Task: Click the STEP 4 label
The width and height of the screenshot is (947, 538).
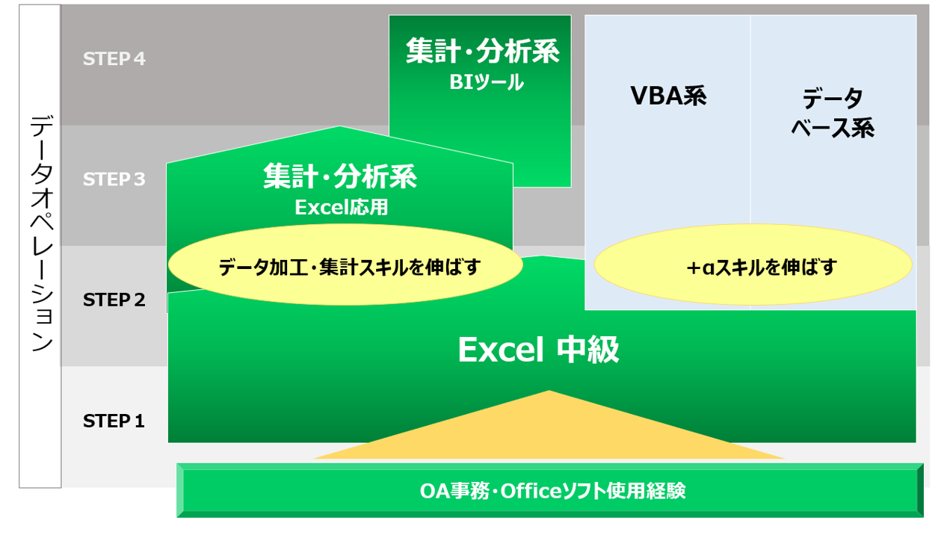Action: coord(114,59)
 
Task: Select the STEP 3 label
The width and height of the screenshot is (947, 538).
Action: coord(114,179)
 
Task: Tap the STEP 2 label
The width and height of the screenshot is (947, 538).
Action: coord(114,300)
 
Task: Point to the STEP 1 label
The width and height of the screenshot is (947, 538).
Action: coord(114,421)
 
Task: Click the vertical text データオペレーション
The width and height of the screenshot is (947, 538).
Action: coord(41,233)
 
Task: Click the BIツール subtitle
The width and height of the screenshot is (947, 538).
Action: coord(486,82)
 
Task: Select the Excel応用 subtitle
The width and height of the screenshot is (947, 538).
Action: coord(341,208)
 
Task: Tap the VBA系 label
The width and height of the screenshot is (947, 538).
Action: coord(668,96)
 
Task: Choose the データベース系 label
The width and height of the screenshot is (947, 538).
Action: coord(833,113)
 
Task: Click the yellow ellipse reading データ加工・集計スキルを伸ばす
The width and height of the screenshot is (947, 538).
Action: coord(345,265)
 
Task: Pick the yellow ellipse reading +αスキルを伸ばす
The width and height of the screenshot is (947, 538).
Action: coord(753,265)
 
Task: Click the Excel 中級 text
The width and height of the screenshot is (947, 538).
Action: coord(539,350)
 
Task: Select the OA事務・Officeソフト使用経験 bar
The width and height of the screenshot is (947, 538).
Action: coord(550,491)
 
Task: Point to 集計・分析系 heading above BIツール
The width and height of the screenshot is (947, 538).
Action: coord(483,51)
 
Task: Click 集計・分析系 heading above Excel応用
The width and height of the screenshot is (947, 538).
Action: coord(340,176)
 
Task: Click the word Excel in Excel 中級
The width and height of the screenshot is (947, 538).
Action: coord(501,350)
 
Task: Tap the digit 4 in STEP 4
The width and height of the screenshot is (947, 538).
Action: coord(140,59)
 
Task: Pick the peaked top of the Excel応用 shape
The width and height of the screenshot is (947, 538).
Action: coord(339,127)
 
